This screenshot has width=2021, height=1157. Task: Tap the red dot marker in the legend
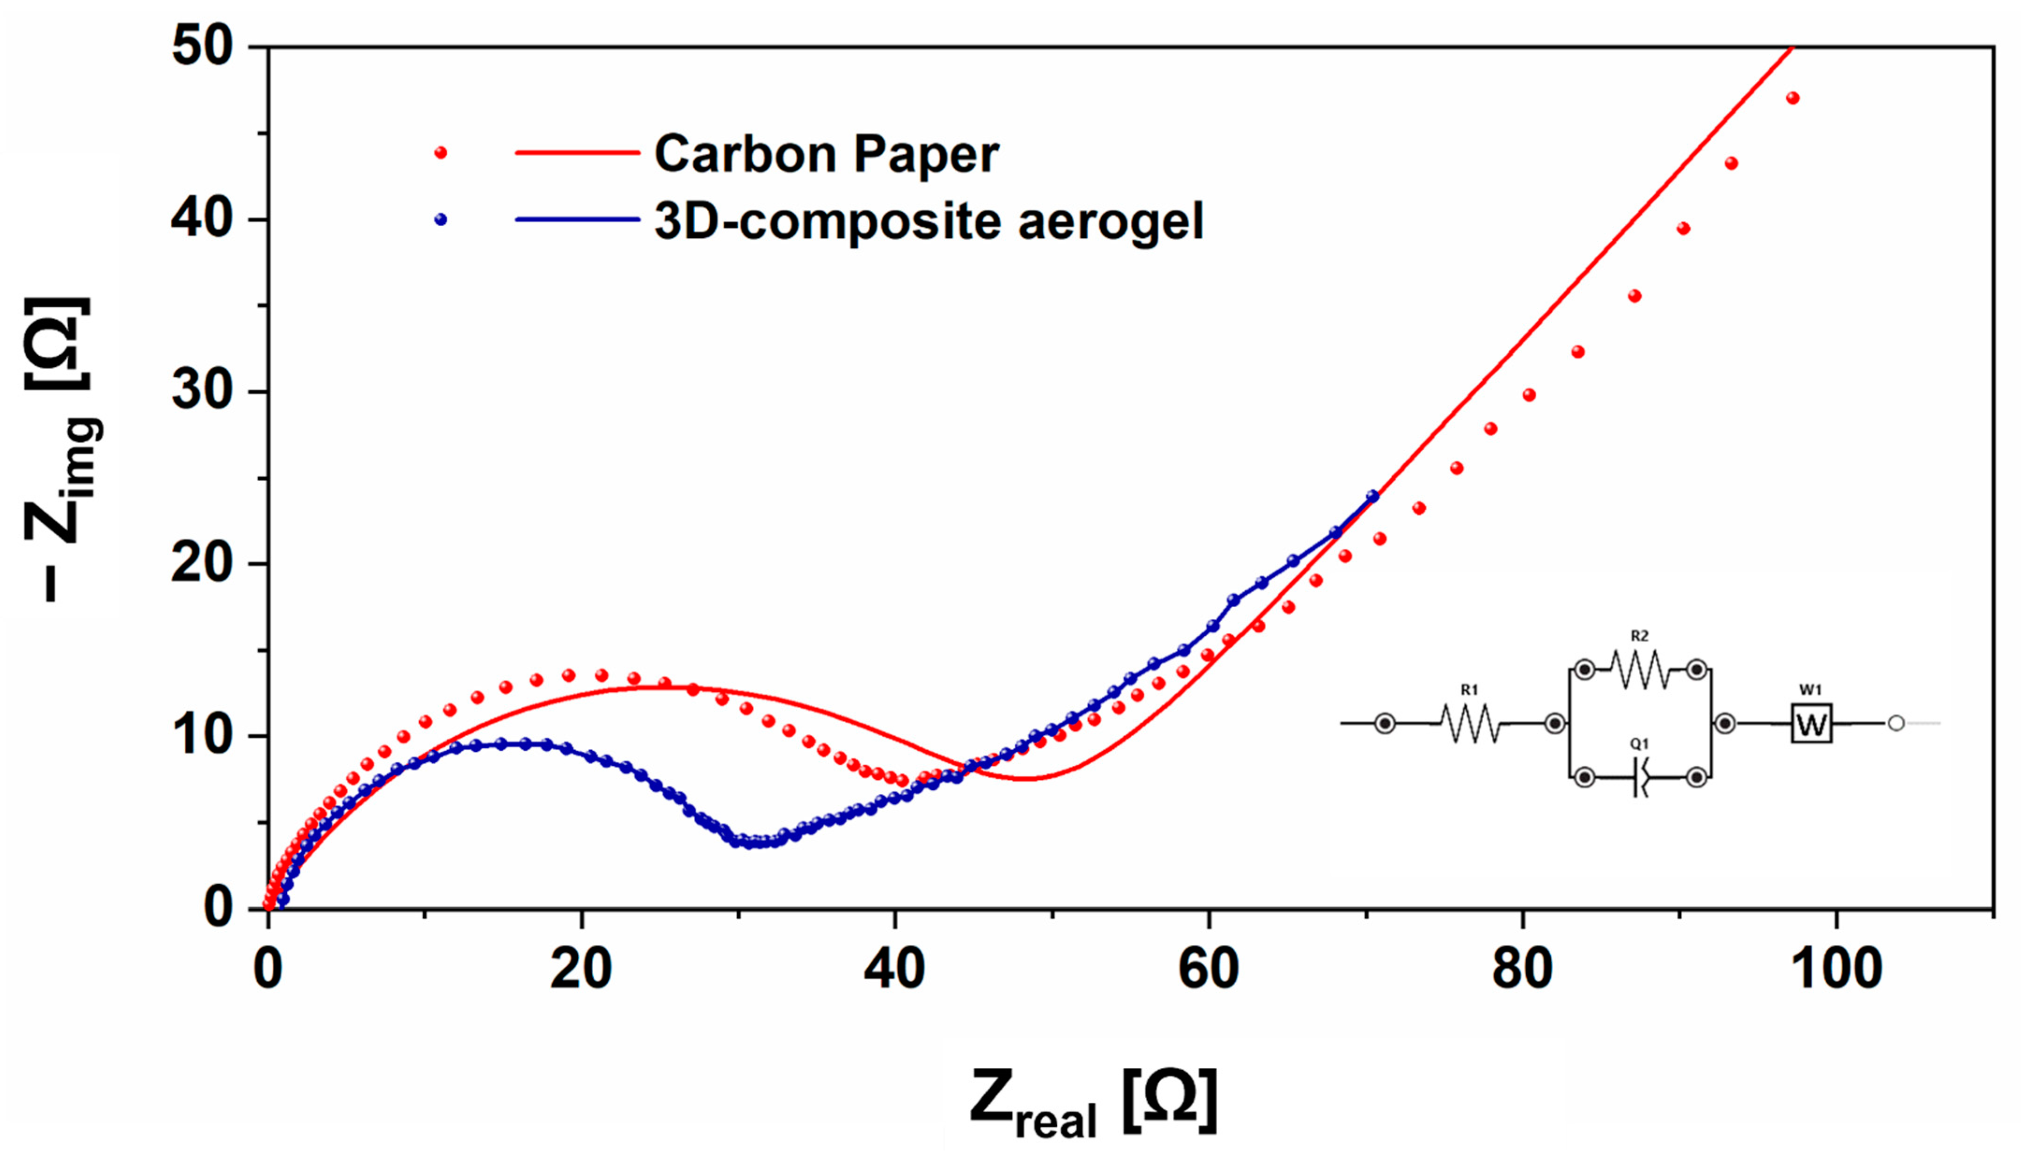click(440, 152)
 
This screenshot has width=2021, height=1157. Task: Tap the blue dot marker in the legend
click(440, 219)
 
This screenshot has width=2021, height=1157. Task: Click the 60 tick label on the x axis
click(1208, 970)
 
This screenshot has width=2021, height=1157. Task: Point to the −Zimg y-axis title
click(59, 449)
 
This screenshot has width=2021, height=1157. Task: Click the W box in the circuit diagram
click(1811, 723)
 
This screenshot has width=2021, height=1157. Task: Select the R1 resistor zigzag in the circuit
click(1469, 723)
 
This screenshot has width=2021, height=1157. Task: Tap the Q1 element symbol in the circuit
click(1639, 777)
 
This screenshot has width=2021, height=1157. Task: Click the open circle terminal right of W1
click(1896, 723)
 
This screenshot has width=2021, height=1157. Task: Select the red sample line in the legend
click(577, 152)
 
